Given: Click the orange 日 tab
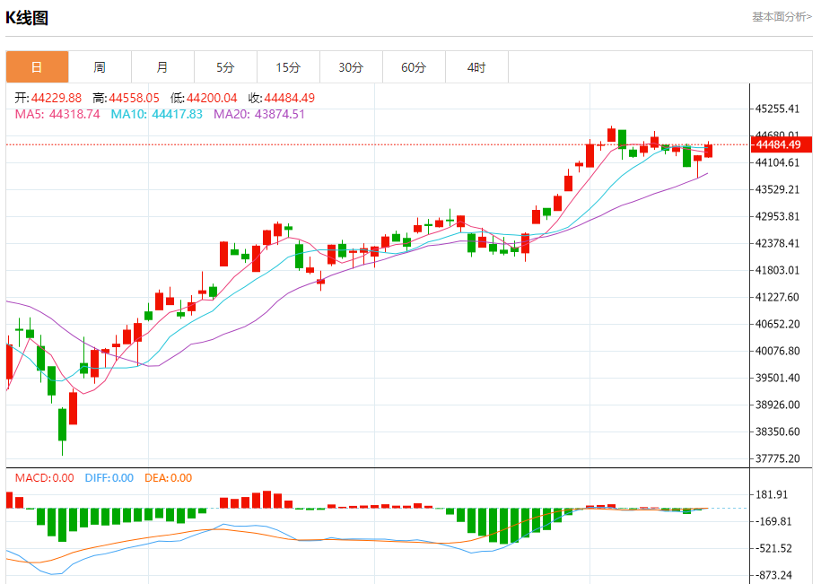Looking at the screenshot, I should (x=37, y=67).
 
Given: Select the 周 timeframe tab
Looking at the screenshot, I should (x=100, y=67).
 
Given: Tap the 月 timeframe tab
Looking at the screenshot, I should (x=162, y=67).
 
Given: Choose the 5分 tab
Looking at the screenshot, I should (x=225, y=67).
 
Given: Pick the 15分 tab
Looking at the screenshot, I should (x=288, y=67).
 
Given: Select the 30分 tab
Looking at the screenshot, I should (x=351, y=67).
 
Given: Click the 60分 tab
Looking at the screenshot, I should (x=414, y=67).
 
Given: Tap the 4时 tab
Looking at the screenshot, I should (x=476, y=67).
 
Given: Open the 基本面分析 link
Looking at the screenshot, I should (x=782, y=17).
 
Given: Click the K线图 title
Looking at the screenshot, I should (x=27, y=18).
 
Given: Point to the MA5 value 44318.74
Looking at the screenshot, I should (x=74, y=114).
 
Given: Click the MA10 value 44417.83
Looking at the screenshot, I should (x=177, y=114).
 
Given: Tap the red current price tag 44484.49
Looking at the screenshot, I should (x=782, y=144).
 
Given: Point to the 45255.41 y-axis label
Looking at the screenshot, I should (x=777, y=109).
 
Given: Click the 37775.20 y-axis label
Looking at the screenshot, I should (x=777, y=458).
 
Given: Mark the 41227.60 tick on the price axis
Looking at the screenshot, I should (x=777, y=297).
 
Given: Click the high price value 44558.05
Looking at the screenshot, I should (x=135, y=98).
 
